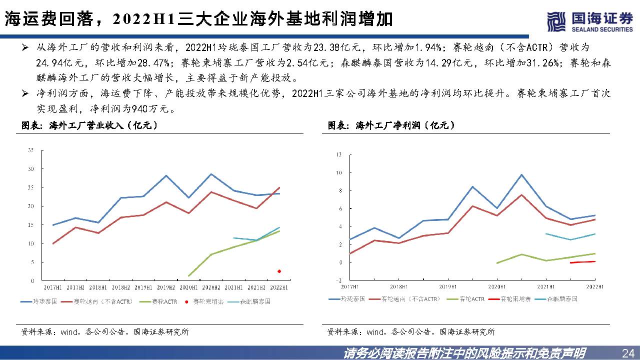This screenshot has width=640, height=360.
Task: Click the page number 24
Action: [x=627, y=353]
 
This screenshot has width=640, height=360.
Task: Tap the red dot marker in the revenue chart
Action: [x=279, y=271]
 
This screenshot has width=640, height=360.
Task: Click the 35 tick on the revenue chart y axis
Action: [x=31, y=150]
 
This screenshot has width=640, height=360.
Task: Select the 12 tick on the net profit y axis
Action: [x=338, y=155]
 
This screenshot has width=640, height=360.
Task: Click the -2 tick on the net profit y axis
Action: [x=338, y=280]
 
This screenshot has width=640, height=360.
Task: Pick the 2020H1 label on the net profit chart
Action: [x=496, y=286]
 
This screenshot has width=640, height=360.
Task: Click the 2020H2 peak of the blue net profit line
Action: [x=521, y=175]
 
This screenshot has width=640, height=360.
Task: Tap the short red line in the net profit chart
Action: [x=582, y=262]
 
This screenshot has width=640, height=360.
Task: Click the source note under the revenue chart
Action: [x=104, y=331]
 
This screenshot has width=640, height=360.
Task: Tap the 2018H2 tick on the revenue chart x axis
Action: [x=121, y=287]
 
